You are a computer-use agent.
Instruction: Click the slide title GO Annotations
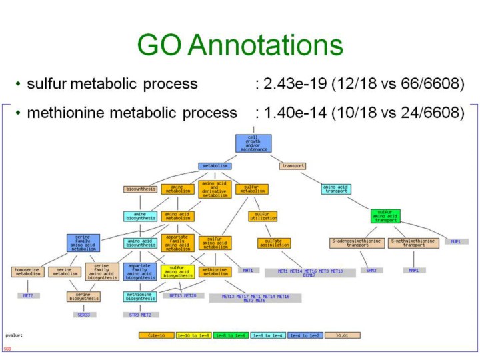coord(240,45)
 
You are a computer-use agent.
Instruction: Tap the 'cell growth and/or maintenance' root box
coord(253,143)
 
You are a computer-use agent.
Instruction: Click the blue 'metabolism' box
coord(215,166)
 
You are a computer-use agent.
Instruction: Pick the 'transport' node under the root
coord(293,166)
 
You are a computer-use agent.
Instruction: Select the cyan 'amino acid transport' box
coord(337,189)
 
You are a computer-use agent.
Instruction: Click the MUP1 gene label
coord(457,241)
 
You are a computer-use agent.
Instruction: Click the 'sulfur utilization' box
coord(263,216)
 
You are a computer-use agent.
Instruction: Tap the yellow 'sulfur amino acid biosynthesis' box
coord(177,271)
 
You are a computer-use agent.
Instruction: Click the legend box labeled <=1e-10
coord(157,335)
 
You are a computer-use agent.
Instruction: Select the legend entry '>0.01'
coord(343,335)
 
